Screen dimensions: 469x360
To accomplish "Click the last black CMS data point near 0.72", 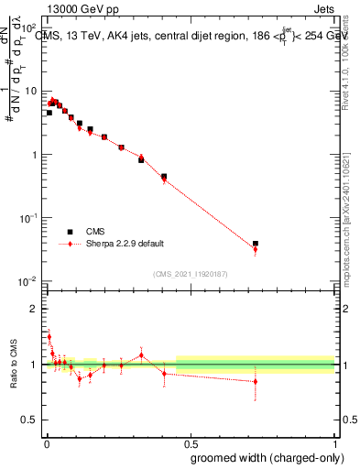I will click(x=256, y=244).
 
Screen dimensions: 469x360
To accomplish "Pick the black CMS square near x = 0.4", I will click(x=164, y=176).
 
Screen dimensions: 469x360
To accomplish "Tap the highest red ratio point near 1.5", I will click(x=49, y=336).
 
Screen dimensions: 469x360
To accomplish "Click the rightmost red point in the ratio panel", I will click(x=256, y=381).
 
